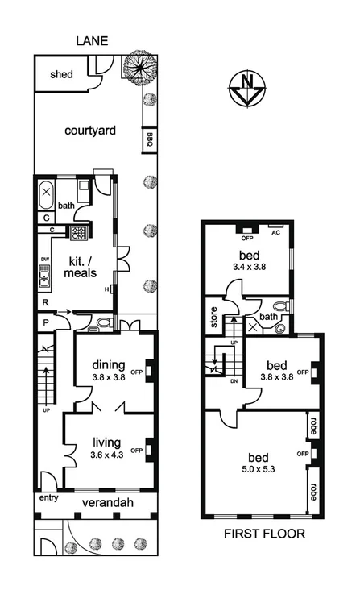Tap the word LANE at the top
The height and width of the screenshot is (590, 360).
coord(93,40)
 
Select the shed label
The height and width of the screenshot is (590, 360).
coord(62,75)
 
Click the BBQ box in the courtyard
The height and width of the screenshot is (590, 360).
coord(149,140)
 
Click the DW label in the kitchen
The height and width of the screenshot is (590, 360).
coord(45,259)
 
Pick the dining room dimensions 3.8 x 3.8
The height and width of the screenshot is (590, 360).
coord(107,375)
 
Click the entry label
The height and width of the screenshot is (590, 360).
coord(48,498)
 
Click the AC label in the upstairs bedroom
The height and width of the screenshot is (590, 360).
coord(275,231)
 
